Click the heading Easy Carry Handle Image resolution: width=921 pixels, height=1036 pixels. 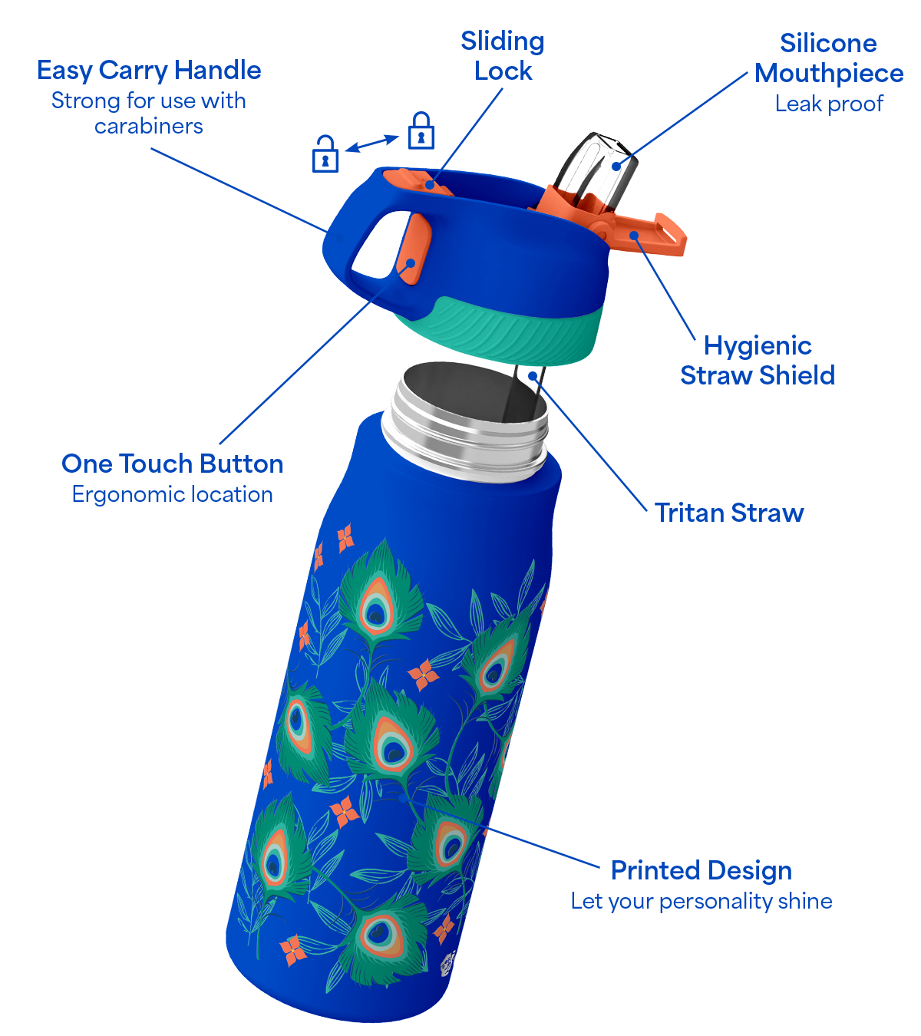149,71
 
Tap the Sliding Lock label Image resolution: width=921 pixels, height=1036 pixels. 502,56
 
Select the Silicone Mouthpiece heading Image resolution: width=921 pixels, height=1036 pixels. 828,58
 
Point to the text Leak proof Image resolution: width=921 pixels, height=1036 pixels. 829,104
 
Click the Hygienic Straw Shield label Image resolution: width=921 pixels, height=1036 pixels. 758,361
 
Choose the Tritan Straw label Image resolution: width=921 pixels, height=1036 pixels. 729,513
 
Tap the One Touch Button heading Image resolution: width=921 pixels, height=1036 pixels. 173,464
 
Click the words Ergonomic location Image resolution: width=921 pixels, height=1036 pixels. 173,494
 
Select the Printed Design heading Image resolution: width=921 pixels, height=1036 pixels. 701,869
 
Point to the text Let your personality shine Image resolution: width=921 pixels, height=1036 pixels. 701,901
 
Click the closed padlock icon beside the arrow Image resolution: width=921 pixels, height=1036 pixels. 421,130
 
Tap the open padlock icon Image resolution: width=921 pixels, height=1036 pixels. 325,153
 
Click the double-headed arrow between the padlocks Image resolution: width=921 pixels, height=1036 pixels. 372,143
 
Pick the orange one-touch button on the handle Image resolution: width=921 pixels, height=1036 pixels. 413,249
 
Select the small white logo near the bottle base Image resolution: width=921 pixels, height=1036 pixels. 448,964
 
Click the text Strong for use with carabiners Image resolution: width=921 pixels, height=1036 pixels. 148,114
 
